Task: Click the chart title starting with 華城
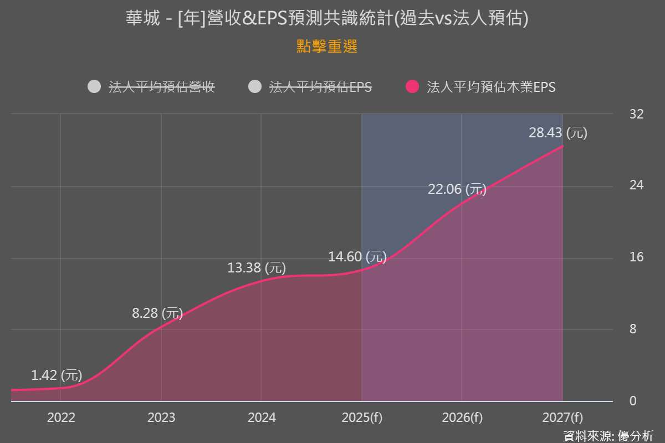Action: [x=327, y=18]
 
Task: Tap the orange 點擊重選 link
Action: [x=327, y=47]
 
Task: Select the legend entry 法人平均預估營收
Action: [x=161, y=87]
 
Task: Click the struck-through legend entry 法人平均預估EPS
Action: [x=320, y=87]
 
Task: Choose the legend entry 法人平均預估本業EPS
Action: [x=491, y=87]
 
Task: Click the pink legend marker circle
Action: [x=412, y=87]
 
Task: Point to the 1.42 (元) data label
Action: [x=57, y=375]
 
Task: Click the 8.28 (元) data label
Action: [x=157, y=313]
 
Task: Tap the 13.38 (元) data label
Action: [x=257, y=269]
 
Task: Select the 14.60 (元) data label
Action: [x=357, y=257]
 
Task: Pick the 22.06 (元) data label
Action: [x=457, y=189]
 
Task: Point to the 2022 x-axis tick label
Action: [x=61, y=418]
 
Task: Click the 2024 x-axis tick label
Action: [x=262, y=418]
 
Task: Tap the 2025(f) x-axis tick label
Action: [x=362, y=418]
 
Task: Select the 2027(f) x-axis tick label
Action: [x=562, y=418]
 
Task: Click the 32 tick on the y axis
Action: [x=637, y=114]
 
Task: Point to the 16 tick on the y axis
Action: [x=637, y=257]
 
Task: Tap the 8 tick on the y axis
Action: [x=633, y=329]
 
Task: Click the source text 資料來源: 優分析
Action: [x=608, y=435]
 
